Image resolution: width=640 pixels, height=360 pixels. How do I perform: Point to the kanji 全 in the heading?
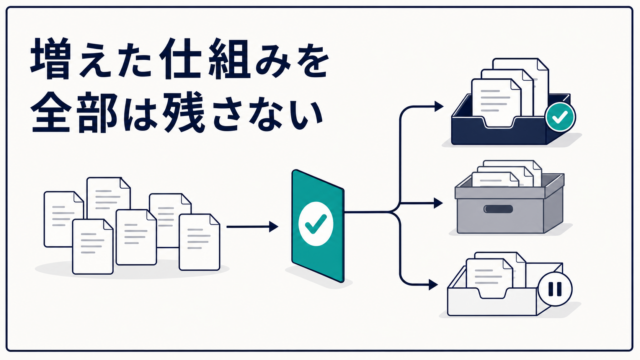coord(50,111)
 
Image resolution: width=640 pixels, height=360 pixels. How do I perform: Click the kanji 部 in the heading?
coord(95,111)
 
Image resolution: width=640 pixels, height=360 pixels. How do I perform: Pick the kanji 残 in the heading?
coord(183,111)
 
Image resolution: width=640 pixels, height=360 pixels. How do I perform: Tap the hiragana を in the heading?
coord(309,60)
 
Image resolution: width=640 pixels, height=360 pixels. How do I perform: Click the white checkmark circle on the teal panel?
coord(316,224)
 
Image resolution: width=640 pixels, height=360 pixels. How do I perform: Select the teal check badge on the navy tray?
coord(560,117)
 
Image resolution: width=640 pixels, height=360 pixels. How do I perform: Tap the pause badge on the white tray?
coord(555,289)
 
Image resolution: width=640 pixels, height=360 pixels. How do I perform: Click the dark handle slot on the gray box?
coord(498,209)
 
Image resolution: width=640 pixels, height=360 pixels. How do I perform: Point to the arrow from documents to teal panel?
coord(252,227)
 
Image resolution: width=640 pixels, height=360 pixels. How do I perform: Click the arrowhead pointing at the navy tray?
coord(439,107)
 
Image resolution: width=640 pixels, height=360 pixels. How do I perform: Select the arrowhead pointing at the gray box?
coord(438,203)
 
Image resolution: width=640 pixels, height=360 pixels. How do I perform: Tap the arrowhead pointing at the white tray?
coord(433,284)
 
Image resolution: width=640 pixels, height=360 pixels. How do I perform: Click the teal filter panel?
coord(318,226)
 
